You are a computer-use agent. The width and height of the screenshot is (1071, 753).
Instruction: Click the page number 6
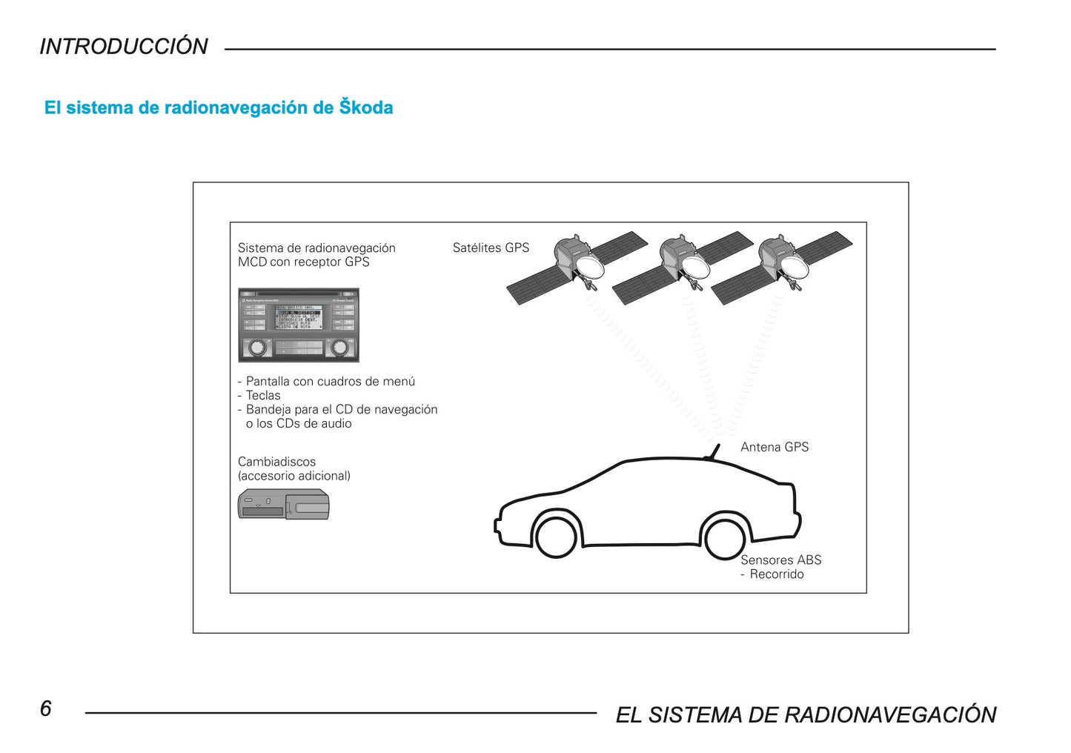click(x=46, y=709)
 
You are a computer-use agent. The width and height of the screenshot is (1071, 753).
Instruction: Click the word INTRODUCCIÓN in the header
click(x=124, y=47)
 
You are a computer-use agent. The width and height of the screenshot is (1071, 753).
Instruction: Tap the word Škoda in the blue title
click(x=366, y=107)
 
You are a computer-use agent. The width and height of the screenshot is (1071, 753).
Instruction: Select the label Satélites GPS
click(x=491, y=248)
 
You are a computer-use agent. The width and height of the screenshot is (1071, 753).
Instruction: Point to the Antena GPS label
click(x=775, y=447)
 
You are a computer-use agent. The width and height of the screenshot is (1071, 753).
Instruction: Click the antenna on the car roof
click(x=714, y=451)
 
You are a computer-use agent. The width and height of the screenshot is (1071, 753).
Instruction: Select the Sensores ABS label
click(x=780, y=560)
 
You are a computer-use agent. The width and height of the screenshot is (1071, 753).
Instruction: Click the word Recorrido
click(x=776, y=574)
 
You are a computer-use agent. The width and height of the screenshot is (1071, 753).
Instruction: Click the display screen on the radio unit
click(x=298, y=317)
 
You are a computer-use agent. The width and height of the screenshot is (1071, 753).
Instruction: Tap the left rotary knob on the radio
click(x=256, y=347)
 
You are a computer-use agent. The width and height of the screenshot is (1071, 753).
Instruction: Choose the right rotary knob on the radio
click(x=339, y=347)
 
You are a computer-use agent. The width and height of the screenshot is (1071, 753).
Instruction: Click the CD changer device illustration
click(x=283, y=505)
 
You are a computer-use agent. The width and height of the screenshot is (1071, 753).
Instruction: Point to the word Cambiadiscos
click(x=276, y=462)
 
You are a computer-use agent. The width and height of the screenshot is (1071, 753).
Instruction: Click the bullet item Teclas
click(x=263, y=396)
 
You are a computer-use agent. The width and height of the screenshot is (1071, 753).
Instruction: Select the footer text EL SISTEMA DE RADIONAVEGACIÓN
click(x=806, y=714)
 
